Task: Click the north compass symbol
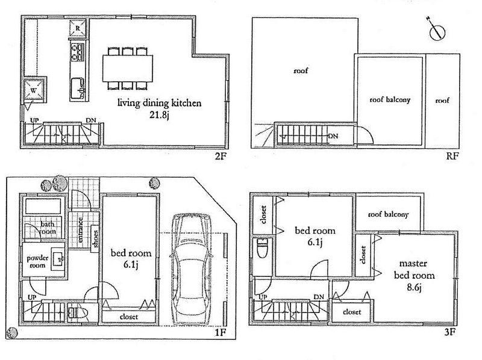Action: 436,31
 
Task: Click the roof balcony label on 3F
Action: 389,214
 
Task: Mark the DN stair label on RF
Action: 332,136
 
